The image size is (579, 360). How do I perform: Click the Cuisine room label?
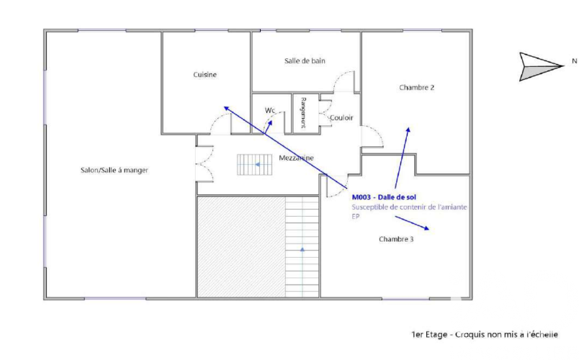pos(205,75)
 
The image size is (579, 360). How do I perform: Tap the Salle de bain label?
pos(305,61)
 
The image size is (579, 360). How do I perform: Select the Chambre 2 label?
pos(416,88)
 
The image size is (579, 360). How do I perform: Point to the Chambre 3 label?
pos(396,239)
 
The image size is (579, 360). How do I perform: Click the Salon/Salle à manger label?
pos(115,170)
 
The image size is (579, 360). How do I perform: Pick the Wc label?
pos(270,110)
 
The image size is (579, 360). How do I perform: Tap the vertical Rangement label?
pos(303,112)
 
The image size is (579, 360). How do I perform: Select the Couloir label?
pos(341,118)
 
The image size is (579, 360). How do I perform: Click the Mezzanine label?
pos(296,158)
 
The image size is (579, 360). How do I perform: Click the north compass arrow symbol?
pos(540,67)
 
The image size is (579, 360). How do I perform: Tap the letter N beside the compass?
pos(574,61)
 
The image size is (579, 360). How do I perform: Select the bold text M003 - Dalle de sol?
pos(384,197)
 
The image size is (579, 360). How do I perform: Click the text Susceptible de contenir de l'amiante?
pos(409,207)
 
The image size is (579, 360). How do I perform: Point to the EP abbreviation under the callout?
pos(355,217)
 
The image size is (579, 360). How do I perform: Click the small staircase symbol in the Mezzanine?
pos(255,165)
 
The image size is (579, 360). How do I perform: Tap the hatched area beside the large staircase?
pos(241,247)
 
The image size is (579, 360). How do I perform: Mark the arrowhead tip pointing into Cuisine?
pos(225,107)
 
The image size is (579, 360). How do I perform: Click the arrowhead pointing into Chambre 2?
pos(408,130)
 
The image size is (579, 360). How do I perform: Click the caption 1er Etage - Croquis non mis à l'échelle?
pos(485,335)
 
